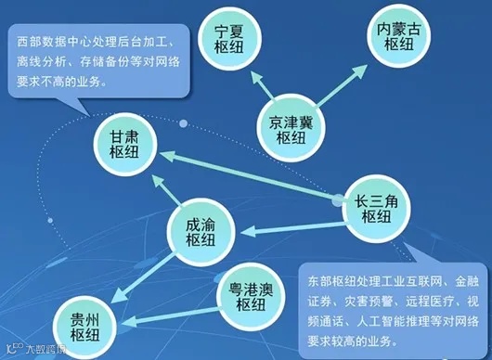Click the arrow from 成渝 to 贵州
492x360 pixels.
point(144,278)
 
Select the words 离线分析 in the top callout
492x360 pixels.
point(44,62)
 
